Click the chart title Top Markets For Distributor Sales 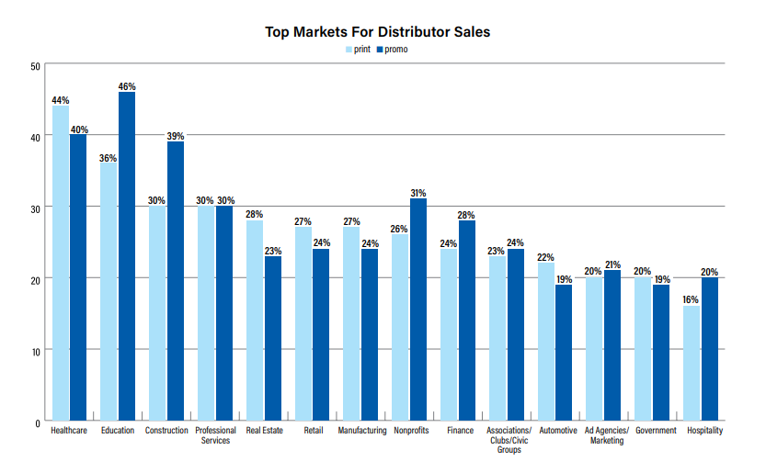tap(378, 32)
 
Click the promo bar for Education tap(127, 256)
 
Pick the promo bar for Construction tap(175, 281)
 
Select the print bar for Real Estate tap(255, 320)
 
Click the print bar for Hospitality tap(691, 364)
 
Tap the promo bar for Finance tap(466, 320)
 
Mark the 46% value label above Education tap(127, 86)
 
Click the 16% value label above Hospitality tap(691, 300)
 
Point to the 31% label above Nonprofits tap(417, 194)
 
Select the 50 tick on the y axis tap(35, 66)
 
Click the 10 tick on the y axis tap(35, 351)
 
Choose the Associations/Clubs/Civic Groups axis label tap(509, 440)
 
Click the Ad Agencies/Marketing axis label tap(607, 435)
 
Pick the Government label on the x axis tap(656, 430)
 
